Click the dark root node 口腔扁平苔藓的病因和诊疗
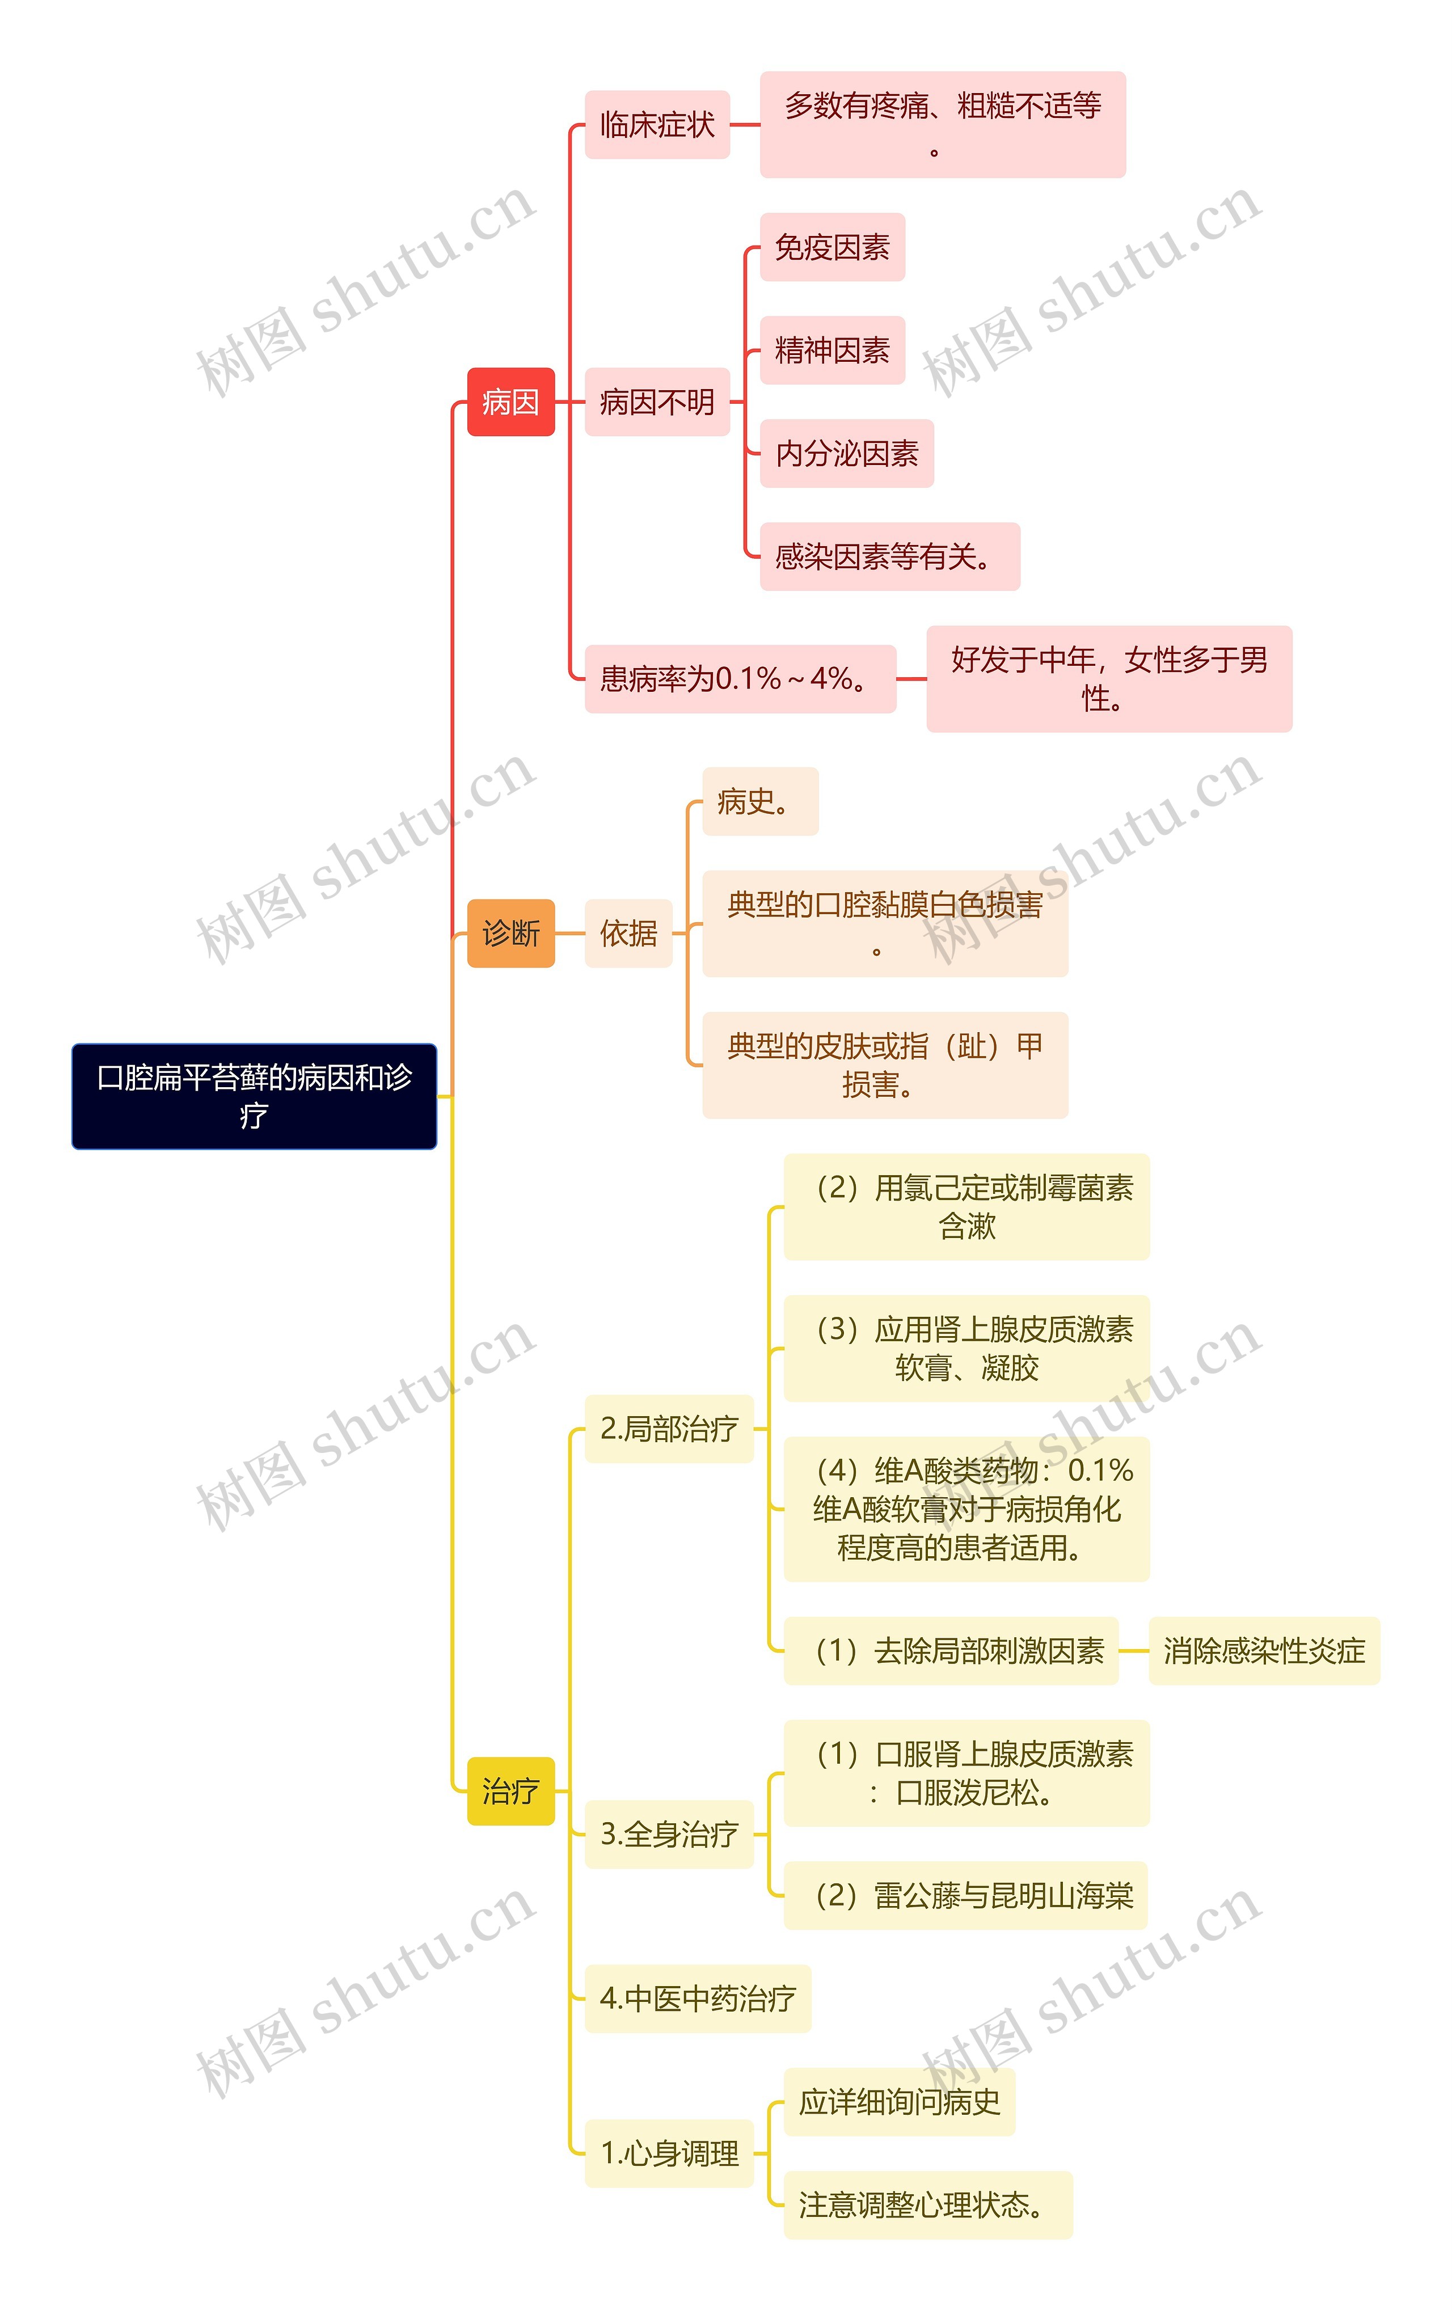point(254,1096)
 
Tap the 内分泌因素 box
point(846,453)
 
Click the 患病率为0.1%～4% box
point(739,678)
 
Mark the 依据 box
point(628,933)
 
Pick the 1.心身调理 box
point(668,2153)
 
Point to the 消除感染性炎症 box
point(1263,1651)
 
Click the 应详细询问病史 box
point(898,2102)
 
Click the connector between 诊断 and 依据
point(570,933)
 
